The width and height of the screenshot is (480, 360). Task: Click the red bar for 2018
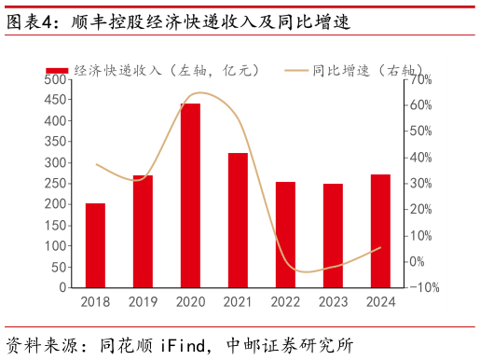point(95,245)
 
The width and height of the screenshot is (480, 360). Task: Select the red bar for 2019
point(143,231)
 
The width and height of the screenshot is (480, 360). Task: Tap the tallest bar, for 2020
point(190,196)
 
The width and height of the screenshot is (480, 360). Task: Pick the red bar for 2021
point(238,220)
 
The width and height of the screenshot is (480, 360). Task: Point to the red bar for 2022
point(285,235)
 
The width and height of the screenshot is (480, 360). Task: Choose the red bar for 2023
point(333,236)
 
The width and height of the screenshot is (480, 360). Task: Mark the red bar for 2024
point(380,231)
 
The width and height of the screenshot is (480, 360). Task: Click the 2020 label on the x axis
point(190,301)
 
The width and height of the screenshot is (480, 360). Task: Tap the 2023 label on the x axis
point(333,301)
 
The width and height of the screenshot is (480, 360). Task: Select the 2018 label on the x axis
point(95,301)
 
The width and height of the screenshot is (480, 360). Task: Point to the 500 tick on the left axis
point(55,80)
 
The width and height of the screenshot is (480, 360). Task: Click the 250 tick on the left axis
point(55,184)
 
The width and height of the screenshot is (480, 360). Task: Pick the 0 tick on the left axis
point(62,288)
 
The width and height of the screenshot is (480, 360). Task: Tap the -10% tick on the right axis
point(423,288)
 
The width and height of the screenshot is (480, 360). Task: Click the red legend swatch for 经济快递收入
point(58,70)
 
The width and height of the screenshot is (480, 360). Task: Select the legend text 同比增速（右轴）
point(368,70)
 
